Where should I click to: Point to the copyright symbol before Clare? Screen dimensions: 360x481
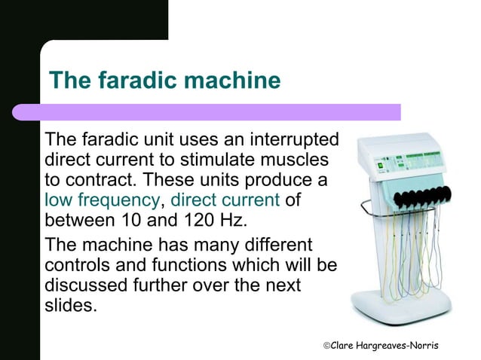click(x=326, y=345)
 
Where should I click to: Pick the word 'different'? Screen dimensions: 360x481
click(x=274, y=246)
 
